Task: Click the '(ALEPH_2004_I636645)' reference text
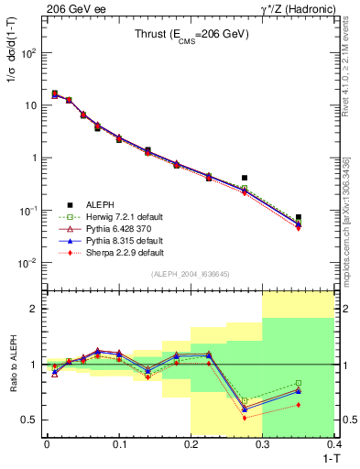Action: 191,275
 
